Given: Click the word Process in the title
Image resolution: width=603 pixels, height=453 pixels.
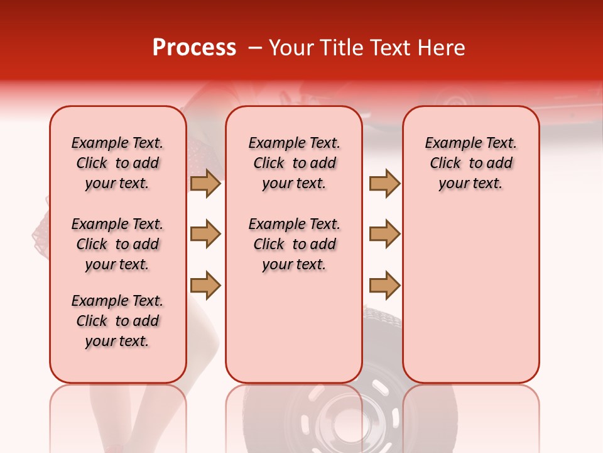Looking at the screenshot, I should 194,48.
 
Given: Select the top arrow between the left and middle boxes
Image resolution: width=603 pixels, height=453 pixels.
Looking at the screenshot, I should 205,183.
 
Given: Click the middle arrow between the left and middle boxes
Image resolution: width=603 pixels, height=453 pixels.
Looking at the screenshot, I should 205,234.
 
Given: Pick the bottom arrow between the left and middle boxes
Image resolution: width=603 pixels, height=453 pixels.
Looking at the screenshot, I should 205,286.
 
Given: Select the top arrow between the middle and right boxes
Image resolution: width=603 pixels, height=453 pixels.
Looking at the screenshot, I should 384,183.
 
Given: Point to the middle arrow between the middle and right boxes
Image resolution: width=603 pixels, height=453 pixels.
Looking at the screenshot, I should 384,234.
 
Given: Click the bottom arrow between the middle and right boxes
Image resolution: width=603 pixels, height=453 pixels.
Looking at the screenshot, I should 384,286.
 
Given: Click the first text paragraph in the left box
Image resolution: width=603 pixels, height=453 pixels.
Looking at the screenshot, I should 117,163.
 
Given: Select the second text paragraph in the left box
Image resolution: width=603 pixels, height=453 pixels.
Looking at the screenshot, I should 117,244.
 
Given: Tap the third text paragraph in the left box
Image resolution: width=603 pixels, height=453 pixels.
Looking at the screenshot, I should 117,321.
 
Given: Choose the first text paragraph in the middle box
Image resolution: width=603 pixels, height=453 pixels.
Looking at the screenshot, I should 294,163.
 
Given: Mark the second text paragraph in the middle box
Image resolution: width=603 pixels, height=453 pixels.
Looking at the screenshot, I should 294,244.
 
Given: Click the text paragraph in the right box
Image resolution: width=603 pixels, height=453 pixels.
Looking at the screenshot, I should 470,163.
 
